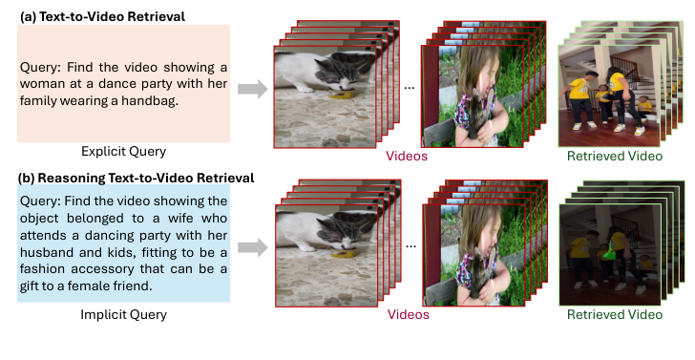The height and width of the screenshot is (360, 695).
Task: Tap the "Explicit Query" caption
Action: pyautogui.click(x=124, y=151)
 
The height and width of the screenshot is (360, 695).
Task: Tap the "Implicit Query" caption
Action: pyautogui.click(x=124, y=312)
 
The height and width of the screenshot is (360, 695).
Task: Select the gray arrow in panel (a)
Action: pyautogui.click(x=251, y=89)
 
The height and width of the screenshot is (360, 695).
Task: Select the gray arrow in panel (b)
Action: pyautogui.click(x=251, y=248)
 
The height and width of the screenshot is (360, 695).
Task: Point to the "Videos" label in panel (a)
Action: pyautogui.click(x=406, y=155)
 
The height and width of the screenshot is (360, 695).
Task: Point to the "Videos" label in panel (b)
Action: pyautogui.click(x=406, y=314)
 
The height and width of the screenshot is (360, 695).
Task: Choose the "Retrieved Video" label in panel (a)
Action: pyautogui.click(x=614, y=155)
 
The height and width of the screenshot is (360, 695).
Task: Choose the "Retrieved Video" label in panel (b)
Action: pyautogui.click(x=614, y=314)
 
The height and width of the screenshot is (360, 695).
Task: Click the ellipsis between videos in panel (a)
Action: pyautogui.click(x=409, y=88)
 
